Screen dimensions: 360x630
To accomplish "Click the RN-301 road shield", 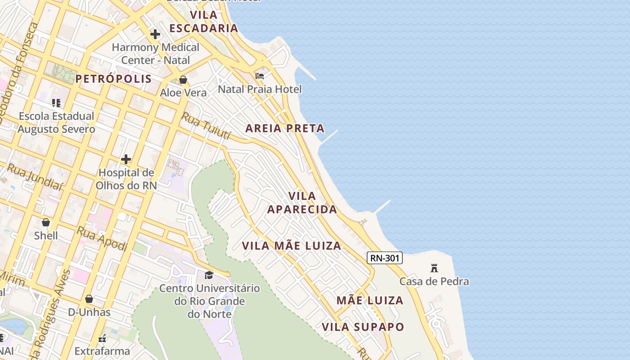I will point(384,258).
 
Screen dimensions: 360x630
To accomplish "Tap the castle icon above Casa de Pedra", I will point(434,268).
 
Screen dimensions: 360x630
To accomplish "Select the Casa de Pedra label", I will point(434,281).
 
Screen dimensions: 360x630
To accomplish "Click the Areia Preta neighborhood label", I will point(285,128).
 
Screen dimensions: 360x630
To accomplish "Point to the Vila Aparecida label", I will point(302,202).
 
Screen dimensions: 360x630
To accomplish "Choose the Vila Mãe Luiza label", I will point(292,246).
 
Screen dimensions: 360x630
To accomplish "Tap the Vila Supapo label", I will point(363,327).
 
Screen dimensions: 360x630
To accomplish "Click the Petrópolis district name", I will point(113,79).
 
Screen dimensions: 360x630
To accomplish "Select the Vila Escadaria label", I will point(204,22).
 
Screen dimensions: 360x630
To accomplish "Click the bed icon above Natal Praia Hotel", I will point(260,76).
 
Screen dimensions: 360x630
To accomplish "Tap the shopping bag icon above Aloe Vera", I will point(183,80).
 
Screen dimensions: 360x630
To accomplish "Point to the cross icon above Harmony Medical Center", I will point(155,34).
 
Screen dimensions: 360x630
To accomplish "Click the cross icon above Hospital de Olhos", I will point(126,159).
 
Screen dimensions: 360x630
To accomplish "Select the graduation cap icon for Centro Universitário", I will point(209,274).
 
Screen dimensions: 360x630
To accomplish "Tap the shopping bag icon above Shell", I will point(46,222).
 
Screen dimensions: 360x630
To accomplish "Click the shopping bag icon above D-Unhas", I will point(89,299).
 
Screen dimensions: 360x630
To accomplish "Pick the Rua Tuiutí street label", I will point(206,126).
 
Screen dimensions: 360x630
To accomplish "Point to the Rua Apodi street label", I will point(102,238).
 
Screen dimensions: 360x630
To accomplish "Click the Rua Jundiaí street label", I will point(34,176).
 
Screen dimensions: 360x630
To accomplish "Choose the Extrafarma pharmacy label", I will point(102,351).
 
